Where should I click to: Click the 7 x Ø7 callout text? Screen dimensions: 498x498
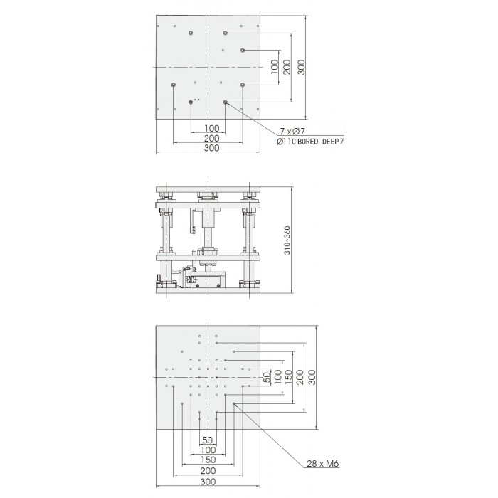coord(292,131)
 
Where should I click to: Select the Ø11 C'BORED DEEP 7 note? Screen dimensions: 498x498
coord(310,142)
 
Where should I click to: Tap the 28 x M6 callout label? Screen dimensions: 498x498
coord(323,464)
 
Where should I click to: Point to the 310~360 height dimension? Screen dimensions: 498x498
coord(287,240)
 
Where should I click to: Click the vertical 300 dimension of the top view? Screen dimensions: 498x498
coord(301,68)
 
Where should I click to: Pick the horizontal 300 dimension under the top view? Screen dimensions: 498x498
coord(211,148)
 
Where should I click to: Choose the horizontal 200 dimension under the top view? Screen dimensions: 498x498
coord(211,139)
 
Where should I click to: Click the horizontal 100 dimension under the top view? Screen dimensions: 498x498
coord(212,128)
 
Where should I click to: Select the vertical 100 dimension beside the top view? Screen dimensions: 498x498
coord(275,68)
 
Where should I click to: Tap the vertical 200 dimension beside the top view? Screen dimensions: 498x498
coord(287,68)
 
